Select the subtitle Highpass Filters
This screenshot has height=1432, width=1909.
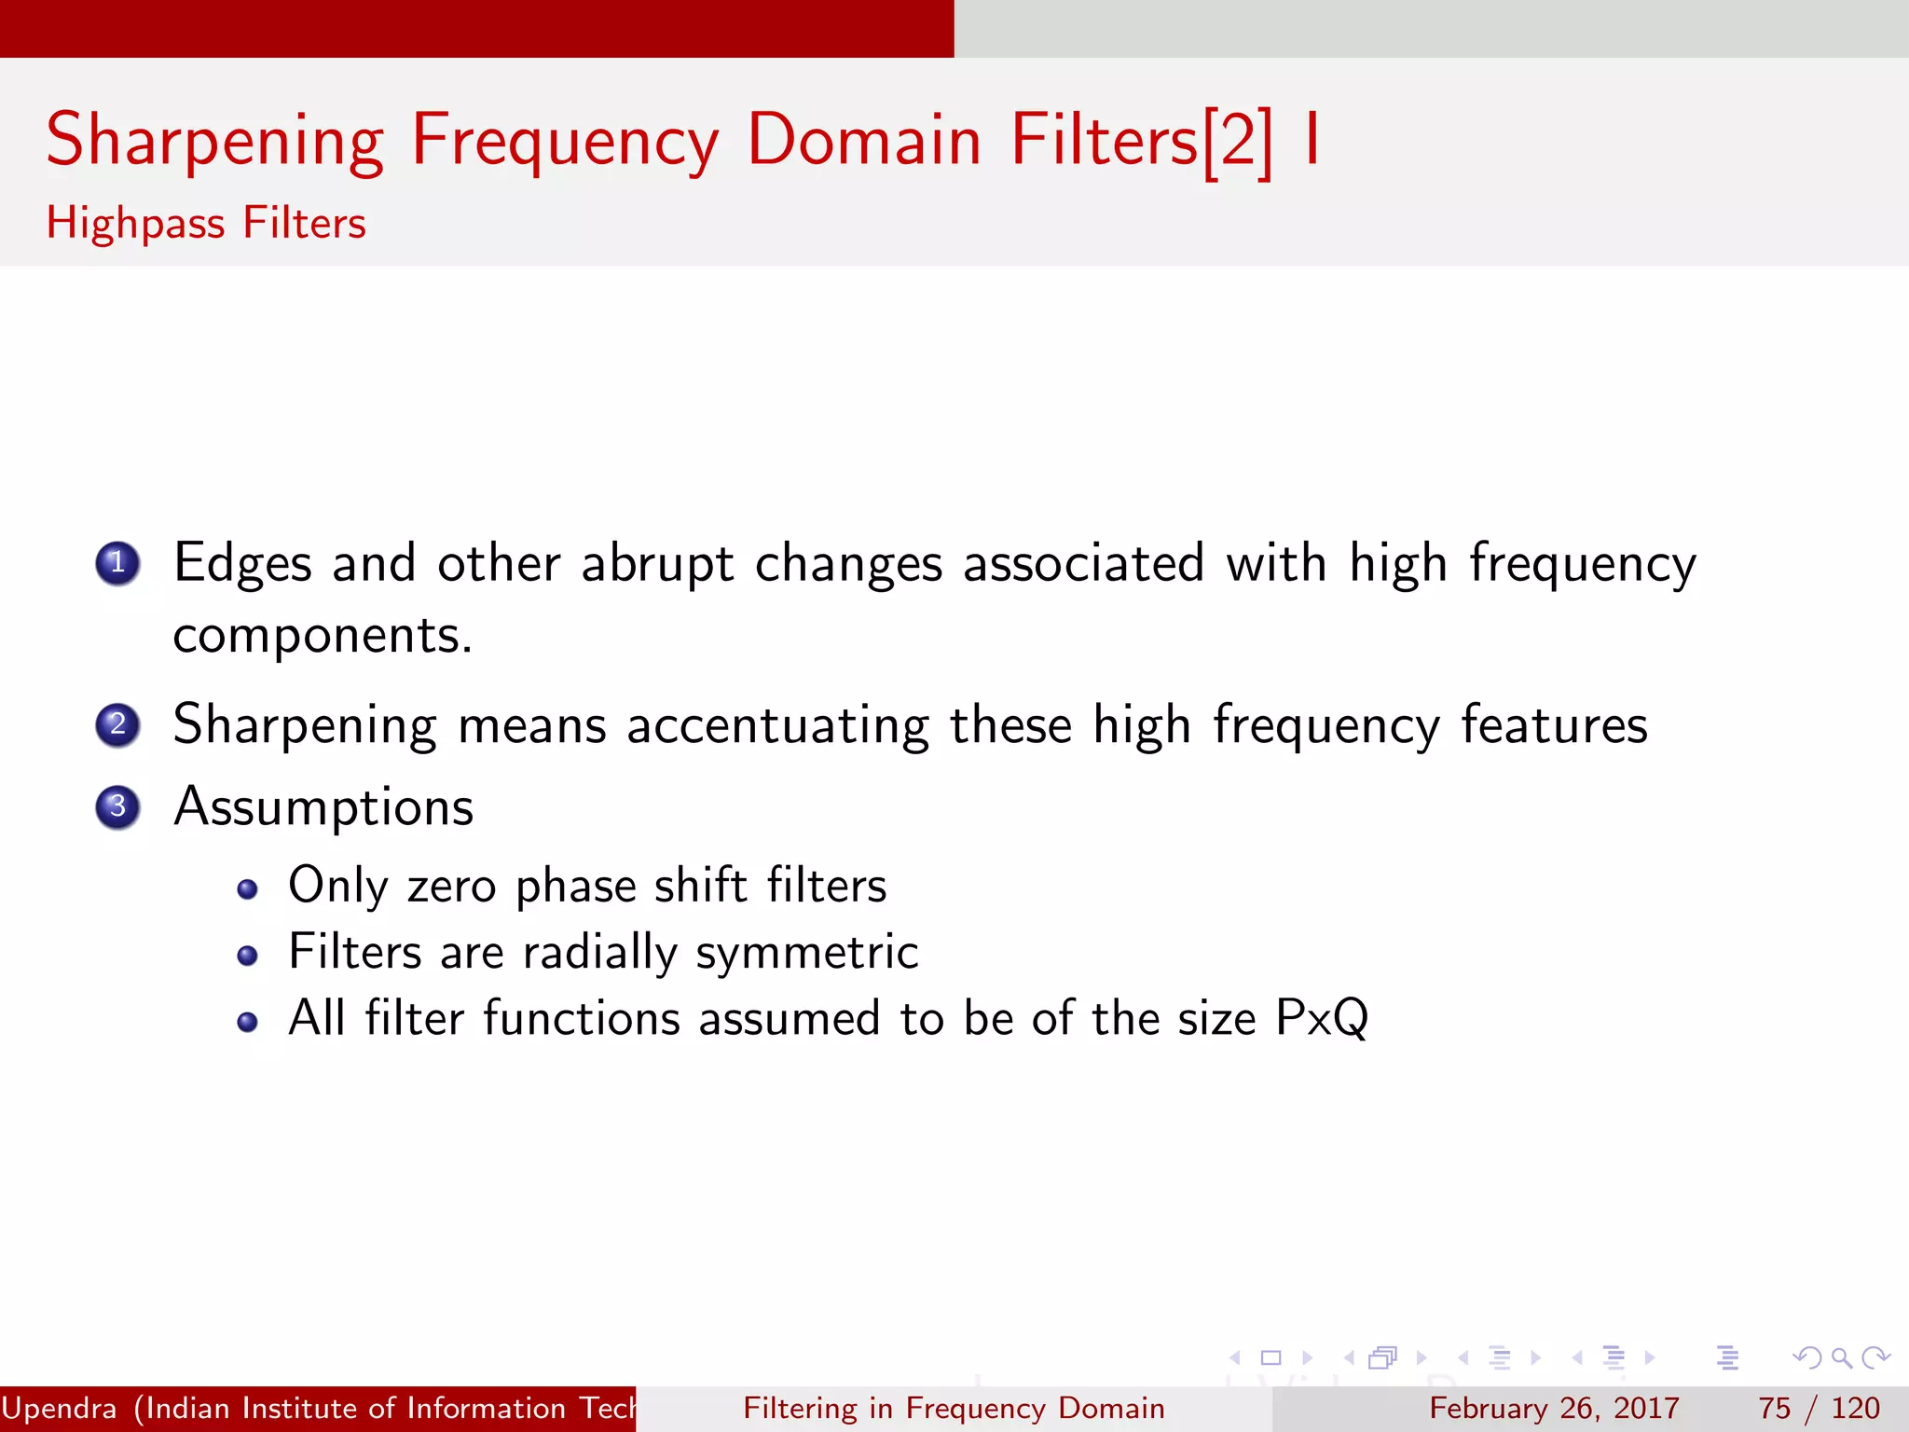(206, 224)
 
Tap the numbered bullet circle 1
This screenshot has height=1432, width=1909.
(117, 563)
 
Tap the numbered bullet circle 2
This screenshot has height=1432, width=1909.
(117, 724)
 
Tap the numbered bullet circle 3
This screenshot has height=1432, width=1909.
(117, 806)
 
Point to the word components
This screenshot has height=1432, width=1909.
(322, 637)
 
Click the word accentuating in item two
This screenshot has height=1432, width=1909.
(777, 725)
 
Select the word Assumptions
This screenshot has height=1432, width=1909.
(323, 807)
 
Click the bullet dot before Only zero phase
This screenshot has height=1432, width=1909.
(247, 889)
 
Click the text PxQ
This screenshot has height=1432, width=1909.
(1321, 1018)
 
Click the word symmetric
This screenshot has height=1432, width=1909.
(807, 953)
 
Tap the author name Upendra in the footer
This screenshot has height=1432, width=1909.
(60, 1408)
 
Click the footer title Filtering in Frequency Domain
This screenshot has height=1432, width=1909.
(954, 1408)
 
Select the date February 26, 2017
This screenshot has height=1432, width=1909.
(1554, 1408)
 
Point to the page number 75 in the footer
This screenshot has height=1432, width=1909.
(1774, 1408)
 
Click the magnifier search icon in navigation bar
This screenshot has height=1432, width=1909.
(1841, 1358)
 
